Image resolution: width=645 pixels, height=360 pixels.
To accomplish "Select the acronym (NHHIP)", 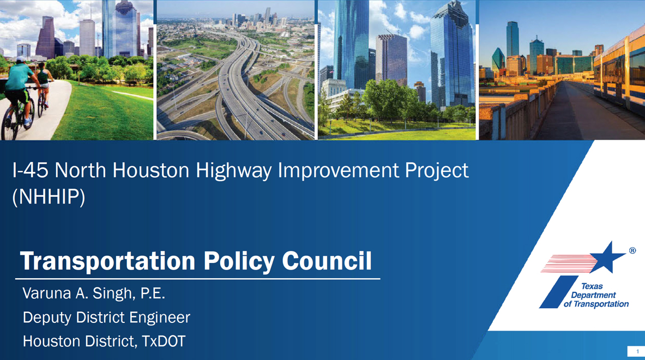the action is point(49,197).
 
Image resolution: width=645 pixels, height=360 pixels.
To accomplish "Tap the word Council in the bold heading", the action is point(327,261).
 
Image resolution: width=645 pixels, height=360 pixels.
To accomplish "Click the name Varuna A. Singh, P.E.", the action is point(94,293).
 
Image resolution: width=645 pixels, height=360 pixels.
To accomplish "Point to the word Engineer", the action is point(160,318).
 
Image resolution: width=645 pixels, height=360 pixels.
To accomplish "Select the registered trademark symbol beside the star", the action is point(632,250).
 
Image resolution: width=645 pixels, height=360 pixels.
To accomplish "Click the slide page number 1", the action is point(637,351).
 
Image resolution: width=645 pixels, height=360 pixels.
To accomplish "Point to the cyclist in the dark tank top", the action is point(43,88).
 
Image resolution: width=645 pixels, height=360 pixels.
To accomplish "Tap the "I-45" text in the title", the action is point(31,170).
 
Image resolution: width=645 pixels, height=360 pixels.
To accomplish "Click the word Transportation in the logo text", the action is point(601,304).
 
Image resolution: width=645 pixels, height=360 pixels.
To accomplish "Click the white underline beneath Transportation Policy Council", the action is point(197,279).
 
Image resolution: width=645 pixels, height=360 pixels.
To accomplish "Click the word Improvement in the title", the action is point(338,170).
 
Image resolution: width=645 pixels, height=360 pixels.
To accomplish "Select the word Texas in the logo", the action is point(592,286).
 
